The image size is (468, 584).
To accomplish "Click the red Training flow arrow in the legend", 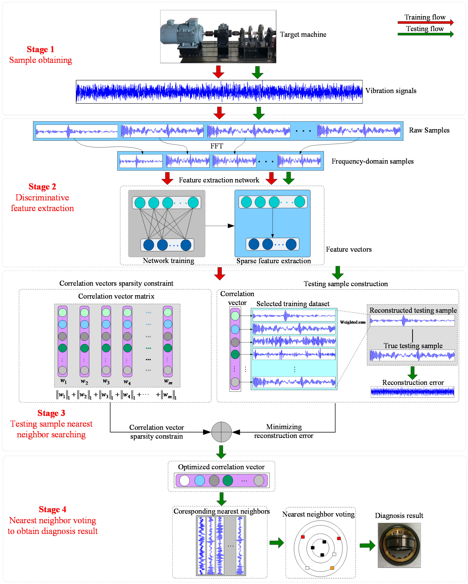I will [x=425, y=22].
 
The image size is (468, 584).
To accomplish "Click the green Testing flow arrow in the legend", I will [x=425, y=34].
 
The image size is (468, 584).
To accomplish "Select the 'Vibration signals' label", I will [x=390, y=91].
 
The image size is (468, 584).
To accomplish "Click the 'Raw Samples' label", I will [x=429, y=130].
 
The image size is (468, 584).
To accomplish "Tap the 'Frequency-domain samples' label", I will [x=372, y=161].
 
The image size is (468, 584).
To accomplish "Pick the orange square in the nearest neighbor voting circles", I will [x=332, y=568].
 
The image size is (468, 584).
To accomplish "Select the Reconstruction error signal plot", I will [x=412, y=392].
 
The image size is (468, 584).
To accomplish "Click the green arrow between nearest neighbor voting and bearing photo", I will [x=367, y=545].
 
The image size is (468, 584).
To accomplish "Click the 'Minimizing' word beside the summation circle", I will [x=284, y=427].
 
